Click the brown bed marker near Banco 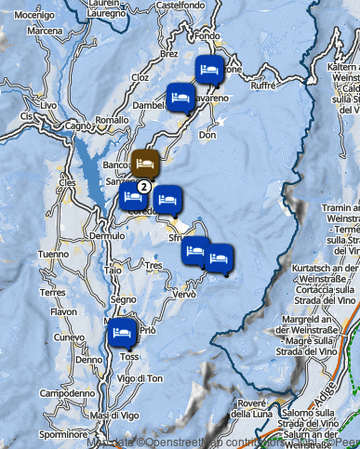144,163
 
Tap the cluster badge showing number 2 144,186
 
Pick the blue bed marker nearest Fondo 209,69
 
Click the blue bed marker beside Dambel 180,96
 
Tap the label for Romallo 112,121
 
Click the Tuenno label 53,254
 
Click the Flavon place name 64,312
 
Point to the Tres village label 153,266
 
